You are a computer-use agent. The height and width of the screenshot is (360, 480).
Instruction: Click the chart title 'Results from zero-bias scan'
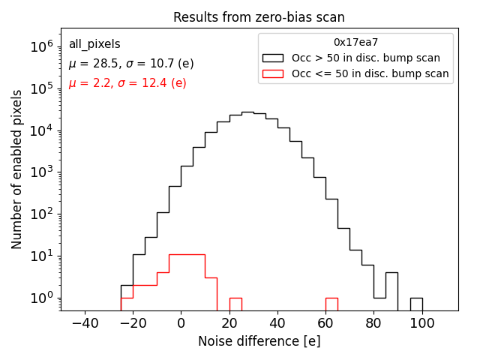tap(259, 17)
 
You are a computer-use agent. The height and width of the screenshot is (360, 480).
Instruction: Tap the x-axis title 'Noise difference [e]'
tap(259, 341)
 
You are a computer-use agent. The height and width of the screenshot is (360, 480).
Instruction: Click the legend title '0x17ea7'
tap(355, 43)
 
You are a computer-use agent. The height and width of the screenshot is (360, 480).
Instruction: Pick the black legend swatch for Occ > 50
tap(274, 58)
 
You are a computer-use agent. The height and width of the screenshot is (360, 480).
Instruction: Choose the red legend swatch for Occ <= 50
tap(274, 73)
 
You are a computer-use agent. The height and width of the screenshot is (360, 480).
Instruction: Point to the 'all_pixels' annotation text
tap(94, 44)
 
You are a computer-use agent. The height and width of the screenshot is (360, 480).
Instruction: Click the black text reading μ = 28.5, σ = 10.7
tap(131, 64)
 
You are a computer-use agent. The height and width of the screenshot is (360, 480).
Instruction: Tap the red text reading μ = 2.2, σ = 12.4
tap(127, 83)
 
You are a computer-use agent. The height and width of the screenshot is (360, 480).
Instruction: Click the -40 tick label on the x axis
tap(84, 322)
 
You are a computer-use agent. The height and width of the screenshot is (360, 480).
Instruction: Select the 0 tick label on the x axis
tap(181, 322)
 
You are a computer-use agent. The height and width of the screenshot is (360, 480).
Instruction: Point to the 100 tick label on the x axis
tap(422, 322)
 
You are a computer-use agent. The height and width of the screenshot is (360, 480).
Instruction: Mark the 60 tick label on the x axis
tap(325, 322)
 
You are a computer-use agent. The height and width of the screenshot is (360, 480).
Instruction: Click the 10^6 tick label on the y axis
tap(40, 46)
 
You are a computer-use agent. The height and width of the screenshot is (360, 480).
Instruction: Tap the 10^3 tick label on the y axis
tap(40, 172)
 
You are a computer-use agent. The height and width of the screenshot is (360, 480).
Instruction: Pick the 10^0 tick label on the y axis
tap(40, 298)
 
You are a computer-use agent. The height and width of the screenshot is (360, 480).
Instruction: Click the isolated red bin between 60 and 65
tap(331, 304)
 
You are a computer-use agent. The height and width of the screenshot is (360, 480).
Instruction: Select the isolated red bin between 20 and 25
tap(235, 304)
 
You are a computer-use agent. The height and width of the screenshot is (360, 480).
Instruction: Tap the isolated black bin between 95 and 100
tap(416, 304)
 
